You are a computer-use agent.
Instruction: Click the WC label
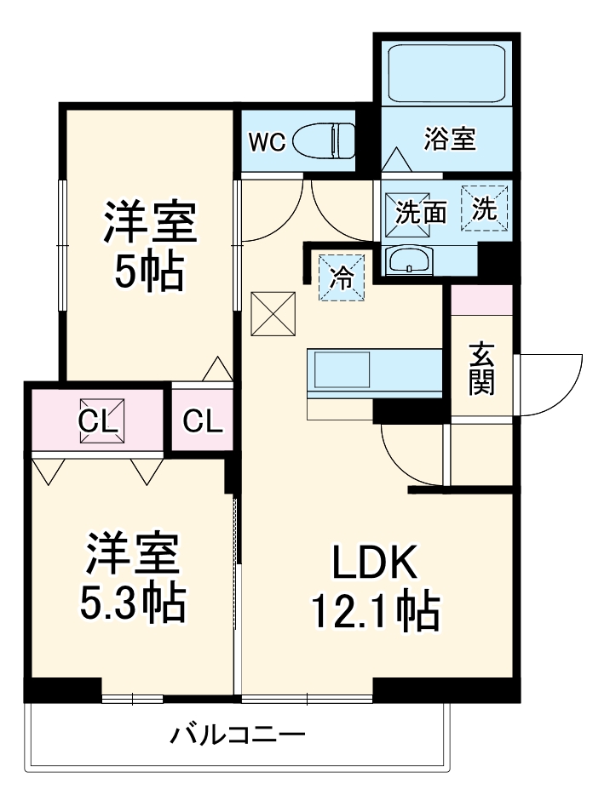(266, 142)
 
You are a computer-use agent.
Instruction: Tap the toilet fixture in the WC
(324, 141)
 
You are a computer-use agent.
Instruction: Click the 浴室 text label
(449, 139)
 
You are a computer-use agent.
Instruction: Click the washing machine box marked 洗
(484, 209)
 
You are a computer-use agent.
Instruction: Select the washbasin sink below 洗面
(411, 260)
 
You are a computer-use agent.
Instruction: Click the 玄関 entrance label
(481, 368)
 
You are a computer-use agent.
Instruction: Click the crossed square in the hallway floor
(273, 314)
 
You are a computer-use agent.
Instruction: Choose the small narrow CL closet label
(203, 420)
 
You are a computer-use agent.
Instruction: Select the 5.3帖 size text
(132, 603)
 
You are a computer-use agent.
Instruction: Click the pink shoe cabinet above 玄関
(481, 300)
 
